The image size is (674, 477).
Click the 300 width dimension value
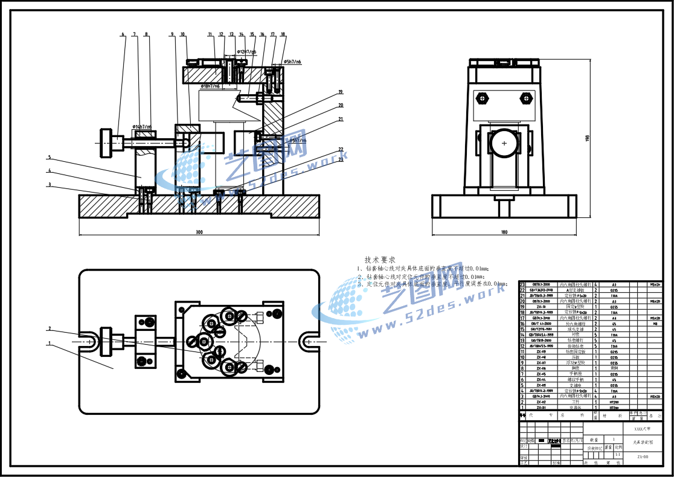[199, 232]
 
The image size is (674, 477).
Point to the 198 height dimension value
[586, 138]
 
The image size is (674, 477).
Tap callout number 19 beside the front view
[341, 92]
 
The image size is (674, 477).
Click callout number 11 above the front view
[210, 34]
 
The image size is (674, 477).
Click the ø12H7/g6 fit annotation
[246, 52]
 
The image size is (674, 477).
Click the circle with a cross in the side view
[504, 143]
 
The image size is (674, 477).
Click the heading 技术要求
[380, 260]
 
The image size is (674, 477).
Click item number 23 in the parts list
[523, 284]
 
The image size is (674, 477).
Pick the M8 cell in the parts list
[654, 324]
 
